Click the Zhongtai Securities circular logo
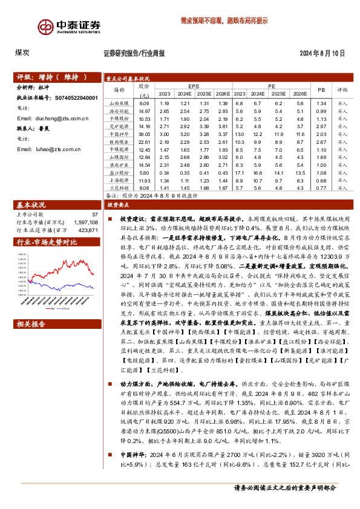47,27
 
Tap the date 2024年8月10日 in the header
322,53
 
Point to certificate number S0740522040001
76,97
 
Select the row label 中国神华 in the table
119,134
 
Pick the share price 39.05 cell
144,134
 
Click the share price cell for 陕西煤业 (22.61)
144,141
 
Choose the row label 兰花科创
119,188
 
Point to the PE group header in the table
271,86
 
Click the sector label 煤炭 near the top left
22,53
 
